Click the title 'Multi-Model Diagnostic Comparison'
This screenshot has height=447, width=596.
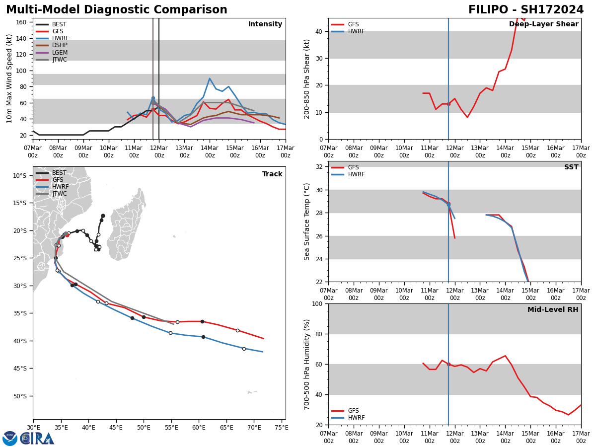click(117, 10)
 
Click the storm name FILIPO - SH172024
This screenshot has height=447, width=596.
click(526, 10)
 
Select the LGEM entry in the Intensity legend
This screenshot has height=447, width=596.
click(60, 53)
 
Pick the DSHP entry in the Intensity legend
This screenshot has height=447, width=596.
click(60, 46)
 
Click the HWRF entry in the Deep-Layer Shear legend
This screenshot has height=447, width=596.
click(356, 32)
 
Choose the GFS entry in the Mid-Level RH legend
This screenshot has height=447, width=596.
click(353, 411)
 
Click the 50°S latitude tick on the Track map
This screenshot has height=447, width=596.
click(20, 396)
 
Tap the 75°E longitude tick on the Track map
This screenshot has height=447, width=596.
click(281, 427)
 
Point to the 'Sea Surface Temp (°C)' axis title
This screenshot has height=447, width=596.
click(307, 222)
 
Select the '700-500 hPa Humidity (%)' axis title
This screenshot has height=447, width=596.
click(307, 364)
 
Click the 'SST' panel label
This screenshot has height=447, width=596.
click(571, 167)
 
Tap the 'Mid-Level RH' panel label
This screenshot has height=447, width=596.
click(553, 310)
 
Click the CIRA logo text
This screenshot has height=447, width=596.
click(37, 439)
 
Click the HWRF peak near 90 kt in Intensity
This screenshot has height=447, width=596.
click(210, 78)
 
